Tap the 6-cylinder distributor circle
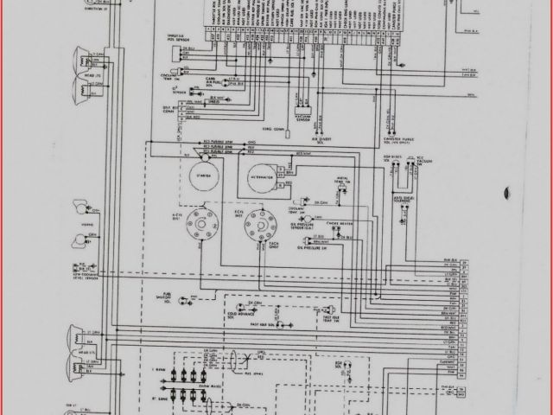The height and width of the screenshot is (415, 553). click(255, 221)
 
